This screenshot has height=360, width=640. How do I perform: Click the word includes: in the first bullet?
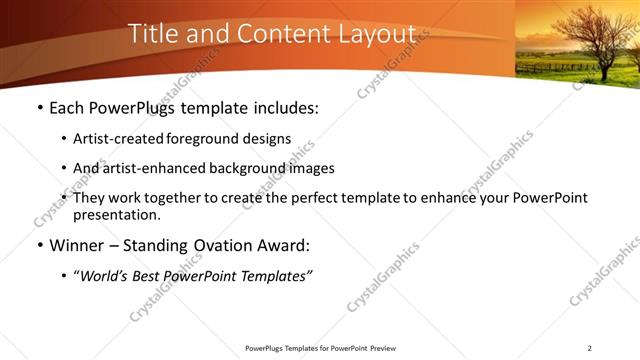(x=282, y=107)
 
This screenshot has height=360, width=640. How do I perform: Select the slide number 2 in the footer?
(x=590, y=348)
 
